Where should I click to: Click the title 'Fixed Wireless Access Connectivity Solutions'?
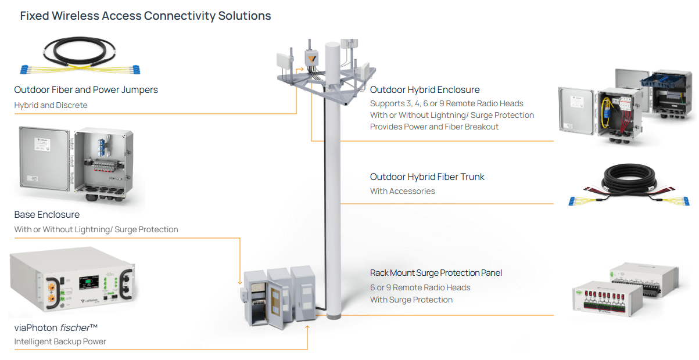pos(145,16)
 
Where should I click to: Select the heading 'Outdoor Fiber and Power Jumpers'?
pos(86,90)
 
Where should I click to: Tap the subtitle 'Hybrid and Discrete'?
pos(51,105)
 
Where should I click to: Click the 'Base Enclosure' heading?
pos(47,215)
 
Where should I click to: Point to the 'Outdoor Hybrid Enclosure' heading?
pos(425,90)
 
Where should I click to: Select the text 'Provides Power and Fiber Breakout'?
pos(434,127)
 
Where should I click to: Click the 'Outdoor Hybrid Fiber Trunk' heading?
pos(427,177)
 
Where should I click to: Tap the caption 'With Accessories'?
pos(402,191)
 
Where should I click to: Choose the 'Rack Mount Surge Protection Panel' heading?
pos(436,273)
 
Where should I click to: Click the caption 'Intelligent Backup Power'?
pos(60,341)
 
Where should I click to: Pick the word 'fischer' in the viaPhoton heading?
pos(74,327)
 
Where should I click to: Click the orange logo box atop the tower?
pos(312,58)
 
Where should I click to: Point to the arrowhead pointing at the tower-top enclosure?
pos(301,70)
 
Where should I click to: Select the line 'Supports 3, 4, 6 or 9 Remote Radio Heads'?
pos(446,103)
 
